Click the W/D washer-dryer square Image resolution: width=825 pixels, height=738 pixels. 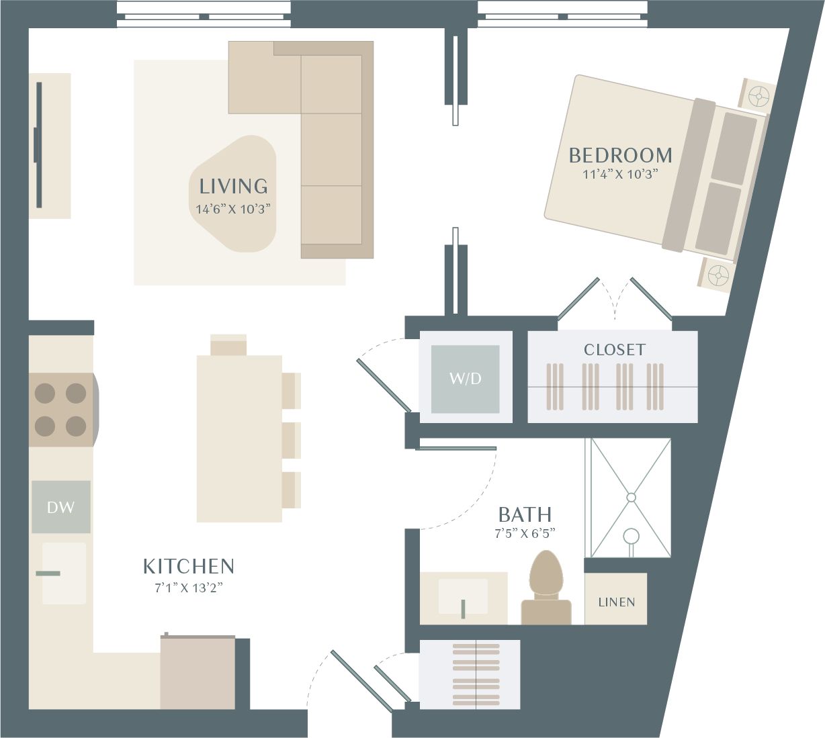tap(465, 379)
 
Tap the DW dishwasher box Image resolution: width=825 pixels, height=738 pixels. tap(61, 507)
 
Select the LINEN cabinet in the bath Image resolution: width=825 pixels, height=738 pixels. tap(615, 599)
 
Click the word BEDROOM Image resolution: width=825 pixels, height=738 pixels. tap(620, 156)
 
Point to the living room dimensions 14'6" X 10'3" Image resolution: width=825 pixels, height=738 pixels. tap(233, 210)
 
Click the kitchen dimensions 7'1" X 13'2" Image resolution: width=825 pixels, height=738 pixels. tap(189, 588)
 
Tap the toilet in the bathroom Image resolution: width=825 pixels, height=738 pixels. tap(546, 588)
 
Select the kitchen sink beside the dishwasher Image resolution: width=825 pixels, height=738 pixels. tap(64, 573)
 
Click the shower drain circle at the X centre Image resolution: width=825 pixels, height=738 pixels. tap(631, 498)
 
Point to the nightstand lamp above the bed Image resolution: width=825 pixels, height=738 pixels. tap(759, 97)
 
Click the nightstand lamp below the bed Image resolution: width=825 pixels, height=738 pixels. tap(718, 275)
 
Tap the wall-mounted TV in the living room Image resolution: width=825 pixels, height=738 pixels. tap(39, 145)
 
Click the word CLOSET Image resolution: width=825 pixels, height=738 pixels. tap(615, 350)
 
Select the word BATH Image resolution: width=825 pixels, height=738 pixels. tap(525, 514)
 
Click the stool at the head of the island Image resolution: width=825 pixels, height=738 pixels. tap(228, 344)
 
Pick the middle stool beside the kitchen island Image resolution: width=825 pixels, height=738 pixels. tap(291, 441)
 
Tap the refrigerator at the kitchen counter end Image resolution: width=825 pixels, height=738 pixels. tap(198, 674)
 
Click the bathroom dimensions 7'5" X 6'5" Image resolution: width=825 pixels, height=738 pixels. tap(525, 533)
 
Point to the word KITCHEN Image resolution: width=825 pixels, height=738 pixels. tap(189, 566)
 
